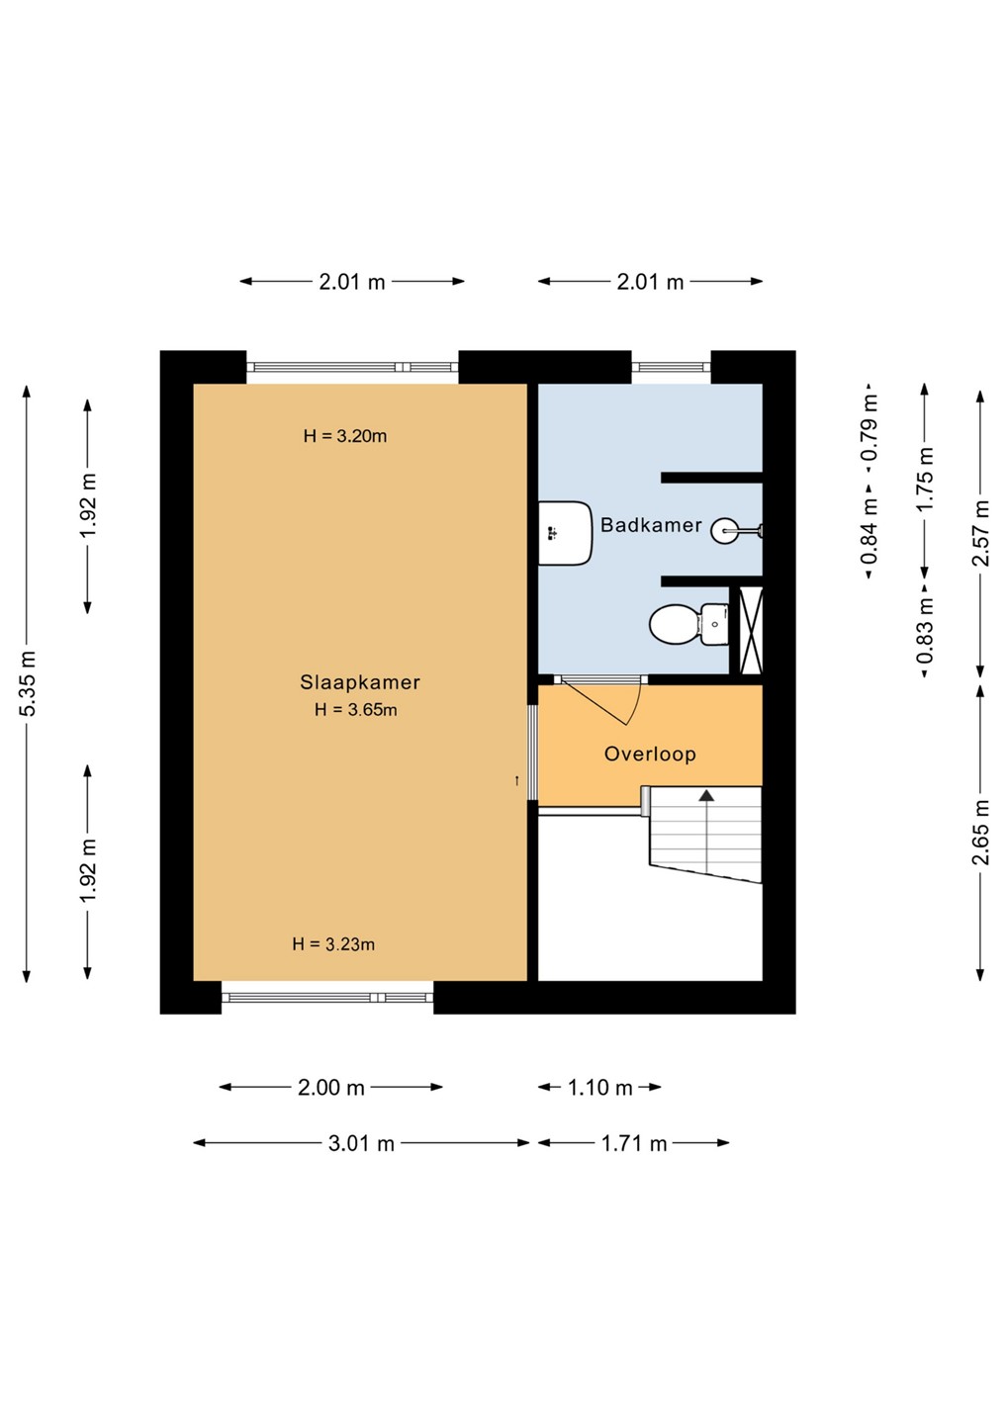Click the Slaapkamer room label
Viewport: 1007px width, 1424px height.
pos(360,682)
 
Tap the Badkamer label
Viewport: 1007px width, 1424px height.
pos(651,525)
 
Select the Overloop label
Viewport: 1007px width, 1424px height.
pos(650,754)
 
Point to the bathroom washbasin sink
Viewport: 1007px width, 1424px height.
pos(566,533)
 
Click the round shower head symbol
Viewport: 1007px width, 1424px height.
pos(724,530)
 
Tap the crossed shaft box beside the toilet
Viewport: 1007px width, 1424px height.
pos(751,630)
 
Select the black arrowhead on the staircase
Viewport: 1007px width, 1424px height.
pos(707,795)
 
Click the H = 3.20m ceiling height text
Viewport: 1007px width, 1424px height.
pos(345,436)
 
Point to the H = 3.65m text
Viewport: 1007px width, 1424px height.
pos(356,709)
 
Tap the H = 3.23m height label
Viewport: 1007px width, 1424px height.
pos(333,944)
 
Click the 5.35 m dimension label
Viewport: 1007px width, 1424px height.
pos(28,683)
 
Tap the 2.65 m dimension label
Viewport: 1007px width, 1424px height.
pos(979,833)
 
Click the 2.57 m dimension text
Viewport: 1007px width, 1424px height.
pos(979,533)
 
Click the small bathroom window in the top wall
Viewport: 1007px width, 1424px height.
pos(671,367)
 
